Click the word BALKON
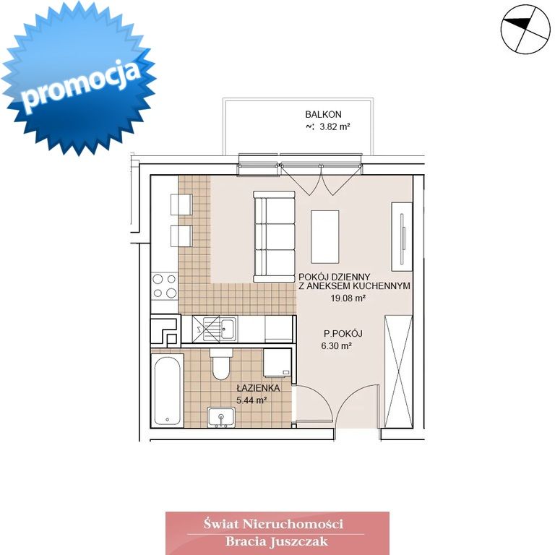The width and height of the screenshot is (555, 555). click(323, 115)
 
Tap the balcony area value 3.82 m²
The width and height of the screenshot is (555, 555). click(335, 126)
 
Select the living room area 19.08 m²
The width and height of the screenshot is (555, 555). click(348, 298)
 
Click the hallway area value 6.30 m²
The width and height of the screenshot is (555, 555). click(336, 346)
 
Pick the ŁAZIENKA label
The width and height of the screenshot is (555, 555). click(259, 388)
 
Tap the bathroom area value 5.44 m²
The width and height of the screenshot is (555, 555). click(251, 400)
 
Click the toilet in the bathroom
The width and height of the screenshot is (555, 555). click(221, 364)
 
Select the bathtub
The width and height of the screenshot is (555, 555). click(168, 390)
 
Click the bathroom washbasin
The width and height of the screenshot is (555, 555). click(221, 417)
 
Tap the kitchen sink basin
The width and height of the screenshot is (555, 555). click(228, 328)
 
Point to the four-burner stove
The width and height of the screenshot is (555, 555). click(164, 286)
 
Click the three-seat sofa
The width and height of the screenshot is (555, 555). click(275, 236)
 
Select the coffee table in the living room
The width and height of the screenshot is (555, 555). click(325, 237)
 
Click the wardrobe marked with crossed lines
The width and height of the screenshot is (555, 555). click(399, 371)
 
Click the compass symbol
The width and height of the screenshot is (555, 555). click(525, 29)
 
